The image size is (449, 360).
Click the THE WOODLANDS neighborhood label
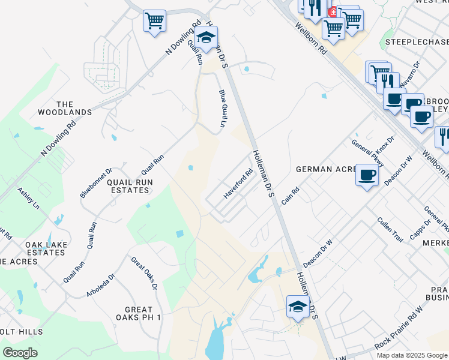(65, 108)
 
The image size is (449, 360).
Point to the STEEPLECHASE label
(417, 42)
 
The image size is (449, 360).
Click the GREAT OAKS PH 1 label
(139, 313)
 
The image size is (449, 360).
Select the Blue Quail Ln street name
(222, 109)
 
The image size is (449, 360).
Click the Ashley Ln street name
(28, 198)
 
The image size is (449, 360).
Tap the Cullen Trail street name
(390, 230)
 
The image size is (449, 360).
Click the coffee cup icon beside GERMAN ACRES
(367, 175)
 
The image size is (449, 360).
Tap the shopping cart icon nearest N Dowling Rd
(154, 21)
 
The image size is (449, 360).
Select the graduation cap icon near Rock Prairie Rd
(298, 307)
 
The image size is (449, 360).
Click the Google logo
(20, 352)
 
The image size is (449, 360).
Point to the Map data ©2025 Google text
(411, 355)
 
